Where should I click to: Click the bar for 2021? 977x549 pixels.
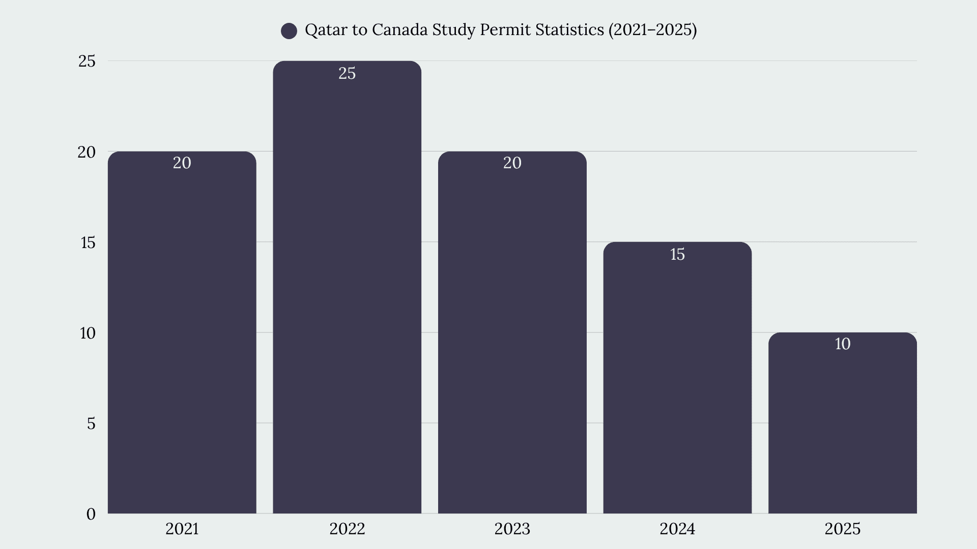click(182, 332)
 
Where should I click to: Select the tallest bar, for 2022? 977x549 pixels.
click(347, 287)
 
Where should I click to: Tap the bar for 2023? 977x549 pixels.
click(512, 332)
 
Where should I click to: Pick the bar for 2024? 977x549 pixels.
click(677, 378)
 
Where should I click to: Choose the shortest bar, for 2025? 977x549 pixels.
click(843, 423)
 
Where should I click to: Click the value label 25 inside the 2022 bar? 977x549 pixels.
click(347, 74)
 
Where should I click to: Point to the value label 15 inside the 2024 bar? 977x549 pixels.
click(677, 254)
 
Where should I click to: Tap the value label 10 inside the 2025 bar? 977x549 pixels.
click(843, 344)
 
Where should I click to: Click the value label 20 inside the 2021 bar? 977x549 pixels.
click(182, 163)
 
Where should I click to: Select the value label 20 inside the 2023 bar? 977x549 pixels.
click(512, 163)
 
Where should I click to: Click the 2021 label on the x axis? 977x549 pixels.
click(182, 529)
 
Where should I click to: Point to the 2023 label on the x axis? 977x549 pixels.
click(512, 529)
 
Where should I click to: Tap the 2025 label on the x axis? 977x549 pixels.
click(843, 529)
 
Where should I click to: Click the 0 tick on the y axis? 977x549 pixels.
click(91, 514)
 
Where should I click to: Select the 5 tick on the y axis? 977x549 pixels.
click(91, 423)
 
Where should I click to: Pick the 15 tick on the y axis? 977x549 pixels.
click(88, 242)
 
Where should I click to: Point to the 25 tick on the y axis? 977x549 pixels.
click(87, 62)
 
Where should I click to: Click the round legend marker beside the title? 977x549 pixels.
click(289, 31)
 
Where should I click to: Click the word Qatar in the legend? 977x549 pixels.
click(326, 30)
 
